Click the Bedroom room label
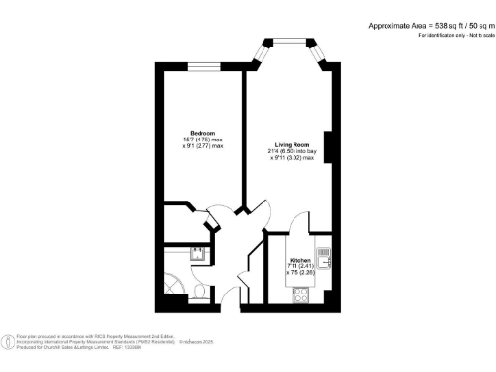pos(201,132)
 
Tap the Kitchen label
pos(299,261)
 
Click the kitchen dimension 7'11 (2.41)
pos(299,267)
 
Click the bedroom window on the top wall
pos(201,65)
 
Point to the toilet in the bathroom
pos(199,292)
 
